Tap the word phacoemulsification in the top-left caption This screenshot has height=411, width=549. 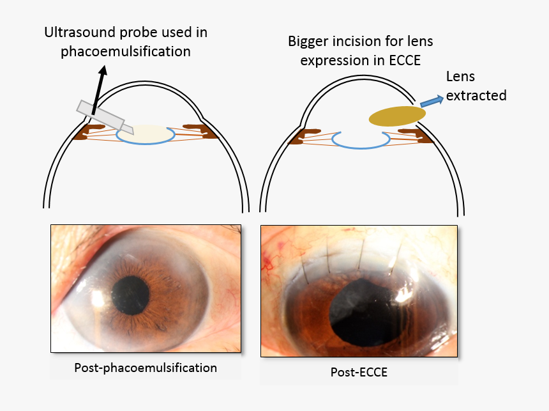click(126, 52)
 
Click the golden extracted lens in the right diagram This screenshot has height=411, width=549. click(397, 115)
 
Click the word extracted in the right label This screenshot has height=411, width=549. click(476, 96)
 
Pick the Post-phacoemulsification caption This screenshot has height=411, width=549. click(146, 368)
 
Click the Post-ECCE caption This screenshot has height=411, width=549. click(359, 372)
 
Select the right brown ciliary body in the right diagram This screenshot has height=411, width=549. click(413, 132)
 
